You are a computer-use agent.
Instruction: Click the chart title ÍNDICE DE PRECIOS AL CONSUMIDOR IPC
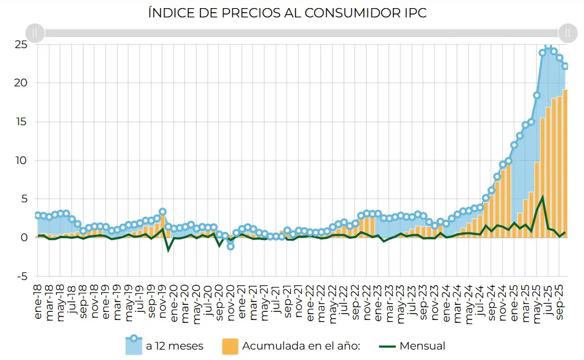(x=287, y=13)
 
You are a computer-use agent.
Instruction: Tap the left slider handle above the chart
(x=35, y=33)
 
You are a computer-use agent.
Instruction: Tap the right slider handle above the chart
(x=567, y=33)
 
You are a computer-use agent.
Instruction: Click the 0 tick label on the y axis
(x=23, y=238)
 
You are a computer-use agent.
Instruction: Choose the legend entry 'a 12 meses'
(x=165, y=346)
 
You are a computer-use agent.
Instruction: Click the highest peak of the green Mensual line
(x=543, y=197)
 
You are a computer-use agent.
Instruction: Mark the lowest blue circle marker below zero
(x=231, y=246)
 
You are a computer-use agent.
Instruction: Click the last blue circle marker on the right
(x=565, y=66)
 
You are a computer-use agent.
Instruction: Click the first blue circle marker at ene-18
(x=38, y=215)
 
